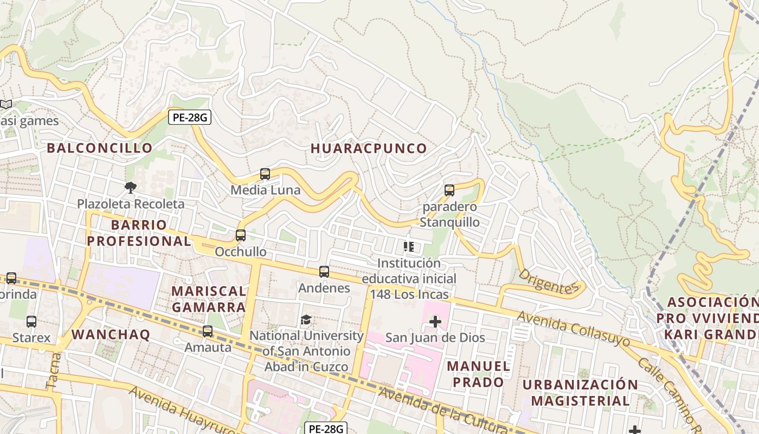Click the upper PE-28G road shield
(189, 117)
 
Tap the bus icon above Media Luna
(265, 174)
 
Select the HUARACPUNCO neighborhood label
(369, 148)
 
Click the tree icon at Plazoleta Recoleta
(130, 188)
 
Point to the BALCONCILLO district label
(99, 148)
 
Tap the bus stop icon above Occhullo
(241, 235)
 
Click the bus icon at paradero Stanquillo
(449, 190)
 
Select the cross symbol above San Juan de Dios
(435, 322)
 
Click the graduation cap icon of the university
(306, 320)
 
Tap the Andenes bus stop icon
(324, 272)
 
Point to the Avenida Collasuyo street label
(573, 329)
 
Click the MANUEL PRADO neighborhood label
(479, 374)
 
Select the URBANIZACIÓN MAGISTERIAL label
(580, 393)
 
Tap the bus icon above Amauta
(208, 331)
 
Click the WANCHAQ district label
(111, 334)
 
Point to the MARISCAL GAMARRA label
(209, 299)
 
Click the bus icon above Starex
(31, 322)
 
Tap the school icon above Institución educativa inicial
(409, 247)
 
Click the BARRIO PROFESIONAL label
(139, 233)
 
